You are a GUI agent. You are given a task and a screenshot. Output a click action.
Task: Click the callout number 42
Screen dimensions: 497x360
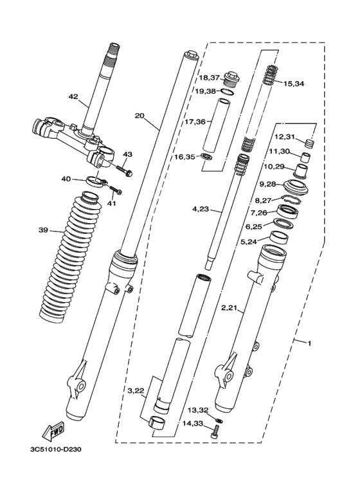[x=73, y=97]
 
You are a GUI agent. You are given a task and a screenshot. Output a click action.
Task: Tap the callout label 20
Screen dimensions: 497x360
[x=139, y=116]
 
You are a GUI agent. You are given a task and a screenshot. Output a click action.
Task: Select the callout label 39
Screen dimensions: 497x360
[x=43, y=230]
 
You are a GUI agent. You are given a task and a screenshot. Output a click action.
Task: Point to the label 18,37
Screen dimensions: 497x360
[x=209, y=77]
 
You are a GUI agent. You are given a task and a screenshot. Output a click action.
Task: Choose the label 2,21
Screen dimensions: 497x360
[x=230, y=308]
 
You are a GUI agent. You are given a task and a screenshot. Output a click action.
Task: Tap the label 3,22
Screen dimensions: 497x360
[x=136, y=391]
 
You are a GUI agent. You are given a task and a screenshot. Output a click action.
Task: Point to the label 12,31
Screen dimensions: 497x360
[x=285, y=136]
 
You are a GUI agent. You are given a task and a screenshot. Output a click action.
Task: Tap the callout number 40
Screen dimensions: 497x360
[x=66, y=179]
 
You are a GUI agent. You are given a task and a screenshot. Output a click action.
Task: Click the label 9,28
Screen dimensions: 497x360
[x=268, y=184]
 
